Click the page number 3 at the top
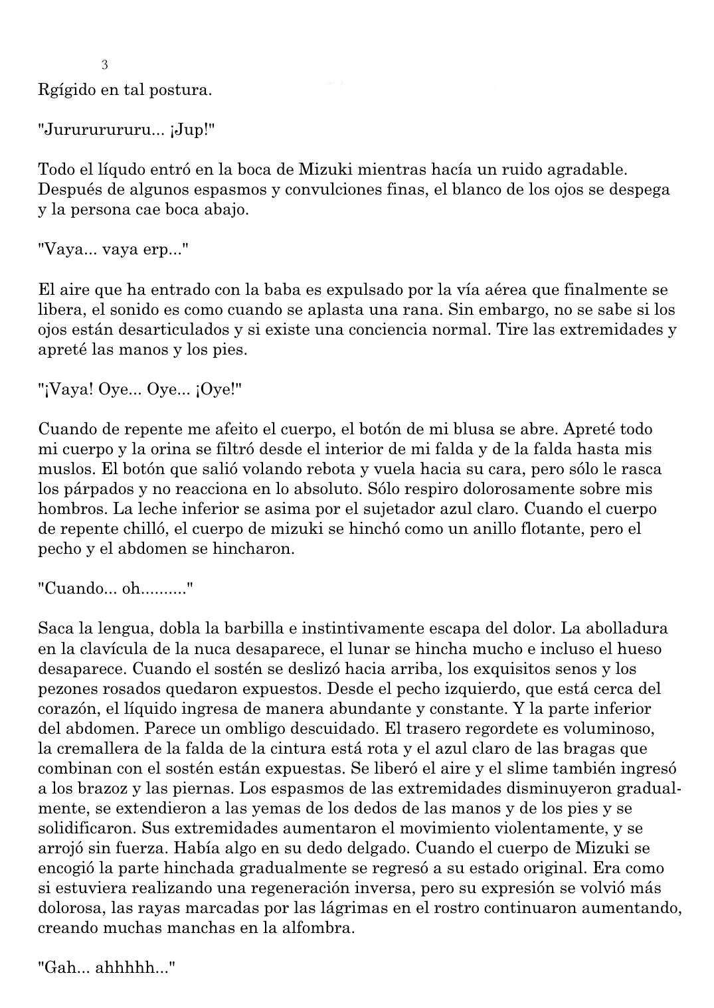coord(104,65)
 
